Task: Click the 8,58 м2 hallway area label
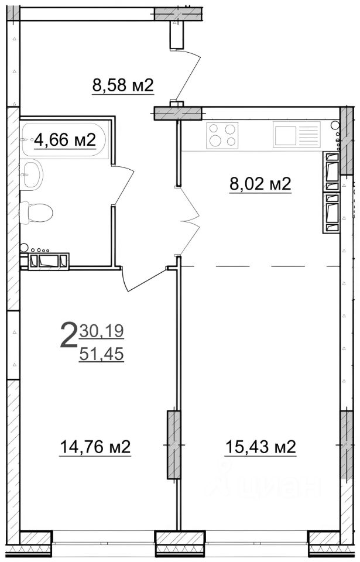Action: tap(123, 86)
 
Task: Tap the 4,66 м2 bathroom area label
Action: tap(65, 140)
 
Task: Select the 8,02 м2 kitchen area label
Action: tap(260, 184)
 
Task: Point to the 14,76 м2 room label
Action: tap(95, 447)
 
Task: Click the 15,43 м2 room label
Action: tap(260, 447)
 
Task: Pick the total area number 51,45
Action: tap(101, 354)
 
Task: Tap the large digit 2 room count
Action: tap(68, 335)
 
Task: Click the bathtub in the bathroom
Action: tap(63, 139)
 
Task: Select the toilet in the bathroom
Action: tap(36, 213)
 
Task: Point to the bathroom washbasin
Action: tap(32, 174)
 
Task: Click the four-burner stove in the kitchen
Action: tap(222, 135)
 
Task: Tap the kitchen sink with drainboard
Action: tap(296, 134)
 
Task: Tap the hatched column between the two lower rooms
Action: tap(174, 445)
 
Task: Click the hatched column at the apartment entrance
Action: tap(178, 113)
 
